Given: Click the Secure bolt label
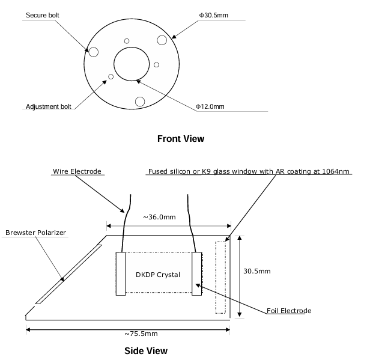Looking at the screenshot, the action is [43, 15].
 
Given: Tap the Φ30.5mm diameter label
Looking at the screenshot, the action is [213, 15].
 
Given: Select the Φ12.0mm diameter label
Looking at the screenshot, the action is [210, 106].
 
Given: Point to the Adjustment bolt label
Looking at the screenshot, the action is [49, 106].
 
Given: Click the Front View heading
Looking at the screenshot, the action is [181, 139].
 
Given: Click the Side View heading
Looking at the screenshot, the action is [146, 351].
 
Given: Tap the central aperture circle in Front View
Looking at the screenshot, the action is [132, 47].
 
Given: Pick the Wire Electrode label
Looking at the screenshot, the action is [77, 171].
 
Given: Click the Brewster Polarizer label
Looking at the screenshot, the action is [35, 233].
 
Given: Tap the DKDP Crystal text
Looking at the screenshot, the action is [158, 275].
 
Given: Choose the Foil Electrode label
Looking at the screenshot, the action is [289, 311].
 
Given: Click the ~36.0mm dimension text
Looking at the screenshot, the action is [159, 217].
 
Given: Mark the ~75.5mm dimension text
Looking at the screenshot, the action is [141, 334].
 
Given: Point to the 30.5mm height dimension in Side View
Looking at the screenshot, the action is [257, 271].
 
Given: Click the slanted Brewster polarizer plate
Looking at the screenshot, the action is [68, 274].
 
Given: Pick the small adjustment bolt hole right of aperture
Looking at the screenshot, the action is [157, 65].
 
